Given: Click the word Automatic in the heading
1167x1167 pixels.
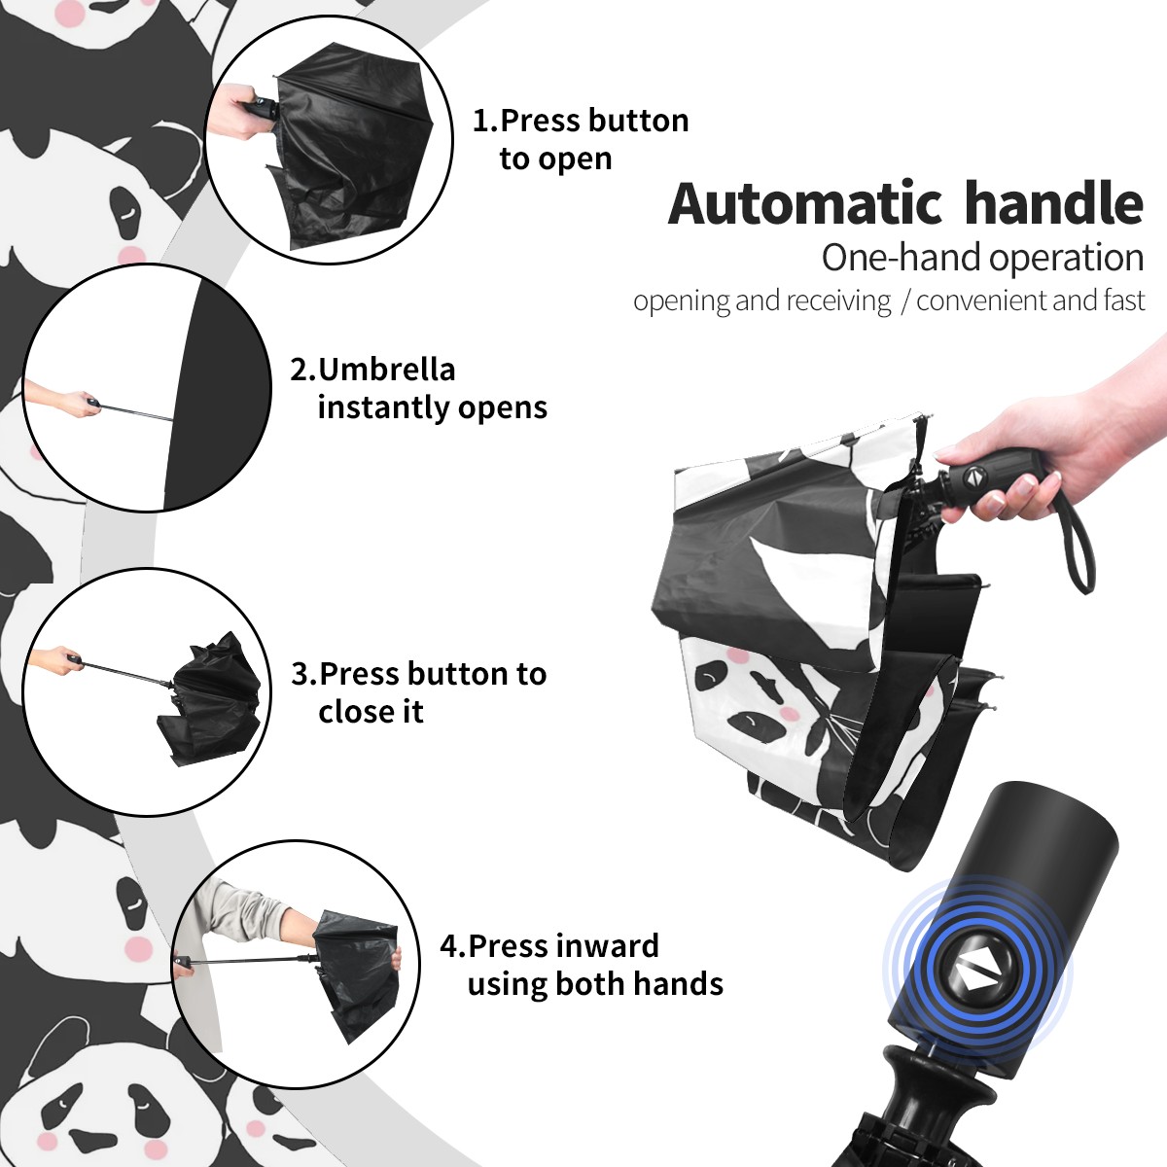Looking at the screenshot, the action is pos(804,203).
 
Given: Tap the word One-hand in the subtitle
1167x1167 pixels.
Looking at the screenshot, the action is pos(902,258).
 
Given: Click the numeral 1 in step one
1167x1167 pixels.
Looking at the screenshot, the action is pos(479,121).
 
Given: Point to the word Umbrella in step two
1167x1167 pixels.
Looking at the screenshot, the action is pos(386,370).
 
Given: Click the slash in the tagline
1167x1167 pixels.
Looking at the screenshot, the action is pos(904,301).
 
